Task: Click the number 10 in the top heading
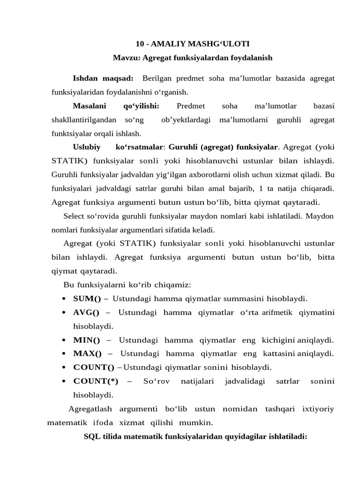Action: (x=140, y=44)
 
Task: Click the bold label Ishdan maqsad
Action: (x=103, y=78)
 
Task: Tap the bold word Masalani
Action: (x=90, y=106)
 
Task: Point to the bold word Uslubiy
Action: (x=87, y=147)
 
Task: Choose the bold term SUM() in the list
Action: (x=87, y=298)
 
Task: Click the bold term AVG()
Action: (x=87, y=312)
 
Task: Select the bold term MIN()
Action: (x=87, y=339)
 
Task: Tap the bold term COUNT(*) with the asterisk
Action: (x=96, y=381)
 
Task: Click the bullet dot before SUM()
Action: (x=63, y=299)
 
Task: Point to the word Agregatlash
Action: (x=91, y=409)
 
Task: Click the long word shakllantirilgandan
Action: (x=83, y=120)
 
